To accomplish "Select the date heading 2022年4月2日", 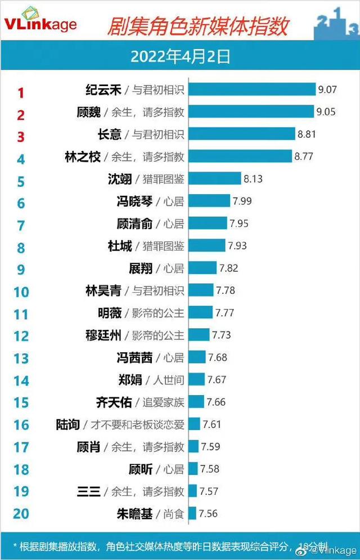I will [180, 56].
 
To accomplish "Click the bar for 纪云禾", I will [251, 89].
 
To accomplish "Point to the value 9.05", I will [326, 111].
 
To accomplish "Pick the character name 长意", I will [107, 134].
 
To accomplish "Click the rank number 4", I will [21, 159].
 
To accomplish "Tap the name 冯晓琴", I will [133, 201].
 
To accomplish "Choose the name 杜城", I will [119, 245].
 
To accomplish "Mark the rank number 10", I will [21, 292].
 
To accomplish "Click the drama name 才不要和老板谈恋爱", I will [138, 424].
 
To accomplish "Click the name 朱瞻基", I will [133, 513].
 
